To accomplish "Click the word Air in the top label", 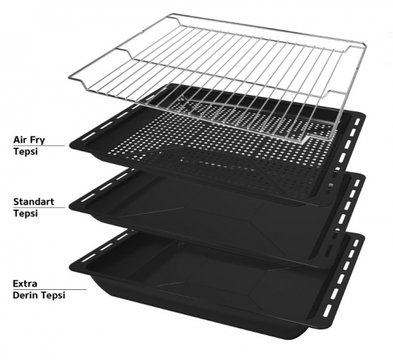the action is [19, 139].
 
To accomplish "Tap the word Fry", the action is [37, 140].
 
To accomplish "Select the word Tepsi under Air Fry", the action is [26, 152].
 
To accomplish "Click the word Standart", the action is [33, 202].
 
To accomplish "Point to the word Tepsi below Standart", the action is [26, 213].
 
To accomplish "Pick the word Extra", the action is [25, 283].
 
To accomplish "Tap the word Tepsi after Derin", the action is [53, 296].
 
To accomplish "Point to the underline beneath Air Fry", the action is [39, 145].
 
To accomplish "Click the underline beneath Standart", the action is [39, 207].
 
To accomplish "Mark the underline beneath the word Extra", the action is [50, 289].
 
